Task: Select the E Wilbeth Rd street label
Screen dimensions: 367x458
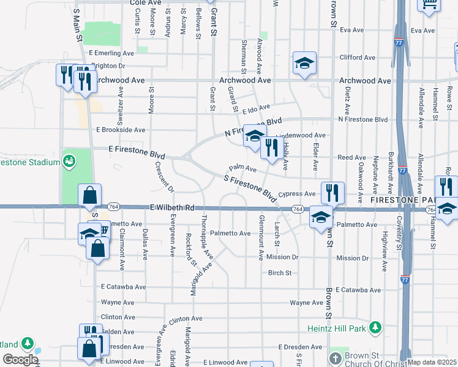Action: pyautogui.click(x=172, y=208)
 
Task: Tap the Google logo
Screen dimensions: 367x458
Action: pyautogui.click(x=20, y=360)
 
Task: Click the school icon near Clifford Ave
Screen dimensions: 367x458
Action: pyautogui.click(x=304, y=63)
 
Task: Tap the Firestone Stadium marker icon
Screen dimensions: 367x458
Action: pyautogui.click(x=70, y=161)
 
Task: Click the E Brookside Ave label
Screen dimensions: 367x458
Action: pyautogui.click(x=121, y=130)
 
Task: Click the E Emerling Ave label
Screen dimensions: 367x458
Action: pyautogui.click(x=111, y=54)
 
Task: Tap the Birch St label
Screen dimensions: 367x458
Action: pyautogui.click(x=280, y=273)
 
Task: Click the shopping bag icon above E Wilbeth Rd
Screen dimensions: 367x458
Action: pyautogui.click(x=89, y=196)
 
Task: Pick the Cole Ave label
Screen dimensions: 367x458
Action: pyautogui.click(x=145, y=3)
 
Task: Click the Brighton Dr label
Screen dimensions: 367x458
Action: pyautogui.click(x=108, y=66)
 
